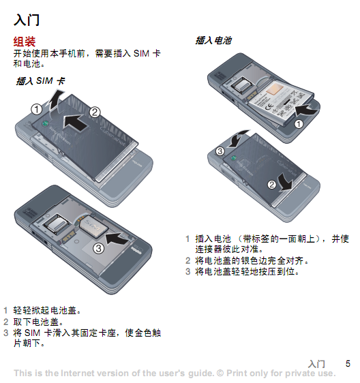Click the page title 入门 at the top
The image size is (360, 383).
[27, 20]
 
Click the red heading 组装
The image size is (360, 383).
[25, 42]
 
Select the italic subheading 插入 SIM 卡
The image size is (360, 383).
[41, 81]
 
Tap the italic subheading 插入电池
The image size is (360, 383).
[213, 40]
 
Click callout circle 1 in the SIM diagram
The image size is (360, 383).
[37, 109]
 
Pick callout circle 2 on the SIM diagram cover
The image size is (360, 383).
[95, 112]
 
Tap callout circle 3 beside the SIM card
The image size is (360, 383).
[98, 249]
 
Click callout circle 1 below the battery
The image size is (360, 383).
[299, 124]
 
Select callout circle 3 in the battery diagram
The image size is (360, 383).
[220, 151]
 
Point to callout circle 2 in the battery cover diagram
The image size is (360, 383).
[272, 185]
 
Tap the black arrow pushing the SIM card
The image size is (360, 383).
[117, 239]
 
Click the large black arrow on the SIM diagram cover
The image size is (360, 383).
[74, 122]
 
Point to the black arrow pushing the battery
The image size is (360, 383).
[306, 110]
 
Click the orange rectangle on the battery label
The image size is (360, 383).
[275, 89]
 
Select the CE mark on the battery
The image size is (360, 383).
[269, 107]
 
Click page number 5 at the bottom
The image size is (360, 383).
[348, 363]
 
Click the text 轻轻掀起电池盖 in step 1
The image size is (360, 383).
[45, 310]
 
